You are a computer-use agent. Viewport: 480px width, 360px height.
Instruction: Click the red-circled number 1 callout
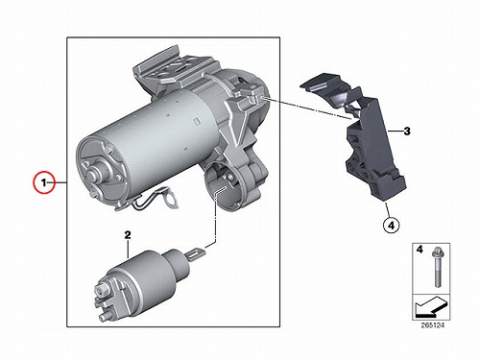tap(44, 182)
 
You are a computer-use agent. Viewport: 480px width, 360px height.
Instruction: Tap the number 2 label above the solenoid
tap(128, 235)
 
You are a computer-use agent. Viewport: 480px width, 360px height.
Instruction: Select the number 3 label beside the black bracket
tap(407, 131)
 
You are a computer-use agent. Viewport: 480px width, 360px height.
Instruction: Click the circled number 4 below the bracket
tap(392, 226)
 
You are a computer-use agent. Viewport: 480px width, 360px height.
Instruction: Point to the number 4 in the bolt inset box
tap(420, 249)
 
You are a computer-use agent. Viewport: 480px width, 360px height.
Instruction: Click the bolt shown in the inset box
tap(437, 268)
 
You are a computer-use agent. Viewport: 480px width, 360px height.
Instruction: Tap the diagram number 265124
tap(433, 325)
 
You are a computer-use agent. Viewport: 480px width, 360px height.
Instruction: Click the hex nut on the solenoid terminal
tap(104, 290)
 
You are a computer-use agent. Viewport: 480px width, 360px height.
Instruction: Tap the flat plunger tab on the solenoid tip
tap(195, 254)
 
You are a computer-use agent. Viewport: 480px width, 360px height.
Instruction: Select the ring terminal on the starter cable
tap(171, 199)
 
